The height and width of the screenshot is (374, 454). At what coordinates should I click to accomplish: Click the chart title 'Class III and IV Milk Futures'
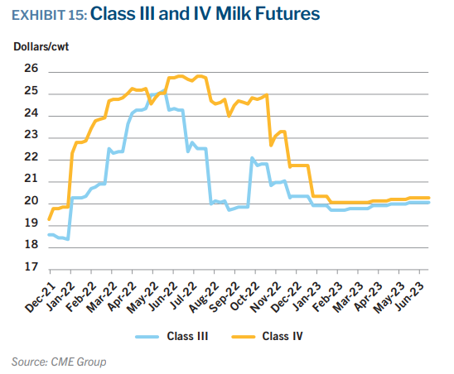(205, 14)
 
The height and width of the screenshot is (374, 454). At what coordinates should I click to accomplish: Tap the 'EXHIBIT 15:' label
(49, 15)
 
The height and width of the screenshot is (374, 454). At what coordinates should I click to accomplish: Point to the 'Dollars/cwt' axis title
(41, 46)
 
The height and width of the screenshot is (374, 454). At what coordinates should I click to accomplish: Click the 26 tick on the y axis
(31, 69)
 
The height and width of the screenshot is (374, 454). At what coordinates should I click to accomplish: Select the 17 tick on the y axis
(31, 266)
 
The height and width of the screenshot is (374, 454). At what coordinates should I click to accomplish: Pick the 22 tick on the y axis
(31, 156)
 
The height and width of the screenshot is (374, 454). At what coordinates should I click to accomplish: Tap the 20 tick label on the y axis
(31, 201)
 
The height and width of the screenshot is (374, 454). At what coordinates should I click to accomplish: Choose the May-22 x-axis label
(142, 298)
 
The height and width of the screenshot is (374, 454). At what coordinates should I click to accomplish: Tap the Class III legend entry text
(187, 337)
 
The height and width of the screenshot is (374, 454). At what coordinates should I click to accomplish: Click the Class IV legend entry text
(283, 337)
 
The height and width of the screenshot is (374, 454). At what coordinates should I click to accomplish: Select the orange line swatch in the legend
(244, 337)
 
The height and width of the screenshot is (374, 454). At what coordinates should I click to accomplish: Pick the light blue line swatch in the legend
(147, 337)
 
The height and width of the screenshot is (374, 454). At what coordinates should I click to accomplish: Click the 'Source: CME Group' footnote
(59, 362)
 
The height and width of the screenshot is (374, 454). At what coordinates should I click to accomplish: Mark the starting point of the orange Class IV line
(49, 219)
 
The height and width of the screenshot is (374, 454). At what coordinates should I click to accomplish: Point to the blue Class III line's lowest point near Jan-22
(68, 239)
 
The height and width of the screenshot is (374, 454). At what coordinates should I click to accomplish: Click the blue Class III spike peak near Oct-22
(252, 158)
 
